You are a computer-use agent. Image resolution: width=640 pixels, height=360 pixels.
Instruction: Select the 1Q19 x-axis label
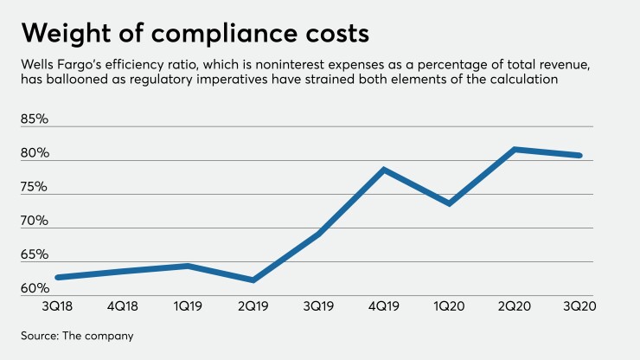(188, 305)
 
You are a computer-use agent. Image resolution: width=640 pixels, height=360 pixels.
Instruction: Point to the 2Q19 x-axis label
(253, 305)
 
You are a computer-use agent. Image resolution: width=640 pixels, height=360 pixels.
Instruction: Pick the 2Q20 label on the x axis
(515, 305)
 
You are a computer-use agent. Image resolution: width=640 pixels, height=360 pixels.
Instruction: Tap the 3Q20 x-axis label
(580, 305)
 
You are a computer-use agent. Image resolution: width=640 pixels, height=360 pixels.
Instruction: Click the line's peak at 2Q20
(515, 150)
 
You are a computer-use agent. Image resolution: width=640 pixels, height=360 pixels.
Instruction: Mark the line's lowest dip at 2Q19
(253, 280)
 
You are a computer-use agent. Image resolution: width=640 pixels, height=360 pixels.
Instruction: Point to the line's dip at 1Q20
(450, 203)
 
